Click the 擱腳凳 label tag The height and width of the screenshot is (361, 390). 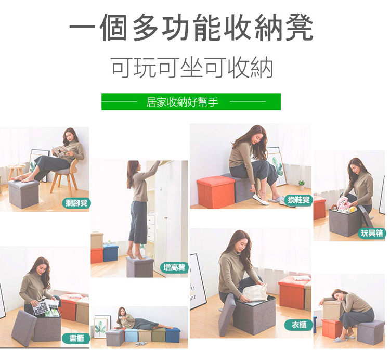tap(76, 203)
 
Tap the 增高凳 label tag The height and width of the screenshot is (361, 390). tap(174, 268)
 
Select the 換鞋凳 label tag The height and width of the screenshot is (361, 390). tap(298, 200)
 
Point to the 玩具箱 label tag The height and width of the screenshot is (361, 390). tap(372, 233)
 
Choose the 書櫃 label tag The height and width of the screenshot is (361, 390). tap(76, 338)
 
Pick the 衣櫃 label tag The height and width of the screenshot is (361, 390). tap(298, 325)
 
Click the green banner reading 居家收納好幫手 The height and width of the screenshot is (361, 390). tap(191, 102)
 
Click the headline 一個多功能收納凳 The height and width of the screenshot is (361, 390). tap(191, 28)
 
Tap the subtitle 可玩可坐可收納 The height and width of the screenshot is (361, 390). tap(192, 68)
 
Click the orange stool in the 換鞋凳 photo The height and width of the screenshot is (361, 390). tap(216, 191)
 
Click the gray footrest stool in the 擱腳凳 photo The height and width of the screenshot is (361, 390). tap(24, 194)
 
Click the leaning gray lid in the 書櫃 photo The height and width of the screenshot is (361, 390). tap(24, 328)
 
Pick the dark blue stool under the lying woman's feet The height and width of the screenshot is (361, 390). tap(173, 335)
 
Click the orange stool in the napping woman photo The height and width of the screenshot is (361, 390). tap(332, 328)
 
